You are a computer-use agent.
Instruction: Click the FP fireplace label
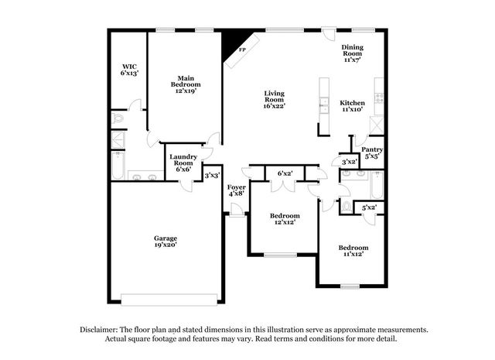click(242, 50)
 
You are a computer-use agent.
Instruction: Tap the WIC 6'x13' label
click(129, 70)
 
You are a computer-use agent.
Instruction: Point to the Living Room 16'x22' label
click(275, 100)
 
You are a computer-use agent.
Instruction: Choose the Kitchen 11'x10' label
click(353, 106)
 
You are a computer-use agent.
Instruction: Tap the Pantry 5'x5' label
click(372, 153)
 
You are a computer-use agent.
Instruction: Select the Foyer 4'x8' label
click(237, 190)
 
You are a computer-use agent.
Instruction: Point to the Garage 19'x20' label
click(166, 242)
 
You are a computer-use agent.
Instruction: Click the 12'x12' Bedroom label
click(285, 219)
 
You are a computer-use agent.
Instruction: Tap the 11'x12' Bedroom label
click(353, 251)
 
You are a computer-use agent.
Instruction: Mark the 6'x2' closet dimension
click(285, 173)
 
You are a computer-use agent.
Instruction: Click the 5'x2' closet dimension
click(370, 207)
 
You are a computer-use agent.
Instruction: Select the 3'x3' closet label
click(212, 175)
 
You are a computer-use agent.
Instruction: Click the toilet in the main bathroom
click(118, 118)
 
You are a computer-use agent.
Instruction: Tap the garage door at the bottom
click(169, 300)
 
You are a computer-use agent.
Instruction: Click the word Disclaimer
click(99, 330)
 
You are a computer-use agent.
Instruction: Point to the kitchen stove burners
click(379, 98)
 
